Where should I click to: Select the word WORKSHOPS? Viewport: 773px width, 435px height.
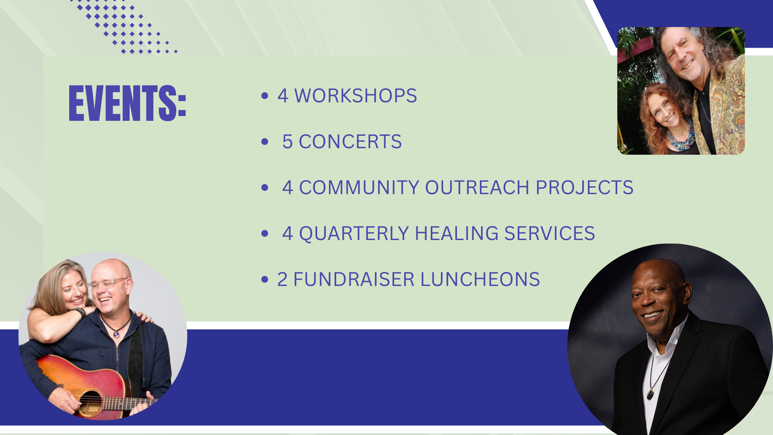[x=355, y=95]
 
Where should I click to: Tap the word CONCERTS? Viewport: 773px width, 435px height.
[x=350, y=141]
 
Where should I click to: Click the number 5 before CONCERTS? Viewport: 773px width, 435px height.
[x=287, y=141]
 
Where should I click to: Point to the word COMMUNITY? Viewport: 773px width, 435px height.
[x=359, y=188]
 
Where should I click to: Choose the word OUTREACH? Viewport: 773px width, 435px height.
[x=477, y=188]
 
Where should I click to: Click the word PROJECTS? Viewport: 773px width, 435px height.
[x=584, y=188]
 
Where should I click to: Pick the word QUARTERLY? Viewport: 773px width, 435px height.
[x=354, y=234]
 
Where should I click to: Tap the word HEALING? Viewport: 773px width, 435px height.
[x=456, y=234]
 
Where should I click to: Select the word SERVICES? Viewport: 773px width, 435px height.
[x=550, y=234]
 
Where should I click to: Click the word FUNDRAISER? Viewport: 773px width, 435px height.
[x=354, y=279]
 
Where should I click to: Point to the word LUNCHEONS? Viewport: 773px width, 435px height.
[x=480, y=279]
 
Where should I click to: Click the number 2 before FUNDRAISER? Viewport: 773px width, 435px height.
[x=282, y=279]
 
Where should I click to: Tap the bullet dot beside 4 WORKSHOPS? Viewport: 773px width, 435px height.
[x=265, y=95]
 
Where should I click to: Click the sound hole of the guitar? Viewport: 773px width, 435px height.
[x=90, y=403]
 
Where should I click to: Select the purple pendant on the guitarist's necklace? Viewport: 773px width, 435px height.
[x=116, y=333]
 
